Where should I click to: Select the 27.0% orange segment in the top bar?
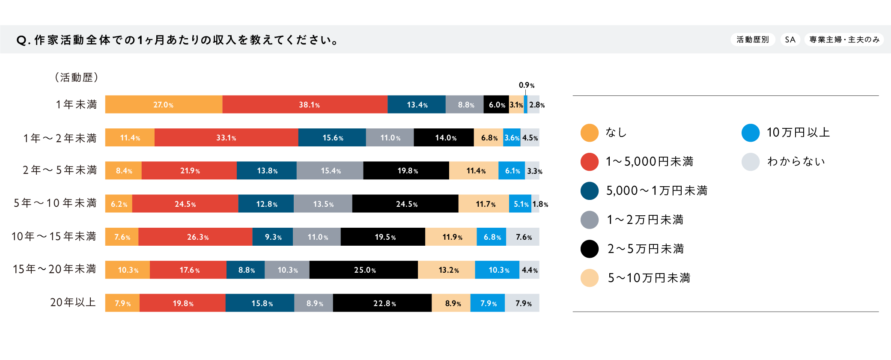pyautogui.click(x=164, y=104)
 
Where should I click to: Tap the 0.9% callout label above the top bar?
pyautogui.click(x=526, y=85)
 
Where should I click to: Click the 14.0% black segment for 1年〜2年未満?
pyautogui.click(x=444, y=137)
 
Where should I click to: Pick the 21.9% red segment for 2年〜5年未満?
pyautogui.click(x=189, y=170)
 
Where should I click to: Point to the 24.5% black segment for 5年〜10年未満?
pyautogui.click(x=405, y=204)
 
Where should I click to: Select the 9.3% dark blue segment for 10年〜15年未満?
pyautogui.click(x=273, y=237)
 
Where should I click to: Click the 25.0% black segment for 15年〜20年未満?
pyautogui.click(x=364, y=270)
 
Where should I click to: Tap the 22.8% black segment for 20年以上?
pyautogui.click(x=382, y=303)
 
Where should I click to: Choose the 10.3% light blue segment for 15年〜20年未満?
pyautogui.click(x=497, y=270)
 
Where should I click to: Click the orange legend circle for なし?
pyautogui.click(x=589, y=133)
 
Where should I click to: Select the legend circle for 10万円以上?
pyautogui.click(x=750, y=133)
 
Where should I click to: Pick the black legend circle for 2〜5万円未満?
pyautogui.click(x=589, y=249)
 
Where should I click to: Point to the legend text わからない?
pyautogui.click(x=796, y=161)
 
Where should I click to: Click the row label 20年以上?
pyautogui.click(x=73, y=302)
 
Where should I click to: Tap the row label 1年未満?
pyautogui.click(x=76, y=104)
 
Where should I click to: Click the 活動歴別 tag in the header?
pyautogui.click(x=753, y=39)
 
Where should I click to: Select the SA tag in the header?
pyautogui.click(x=790, y=39)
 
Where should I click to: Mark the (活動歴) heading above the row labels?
pyautogui.click(x=77, y=77)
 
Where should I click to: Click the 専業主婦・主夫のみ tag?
pyautogui.click(x=844, y=39)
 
